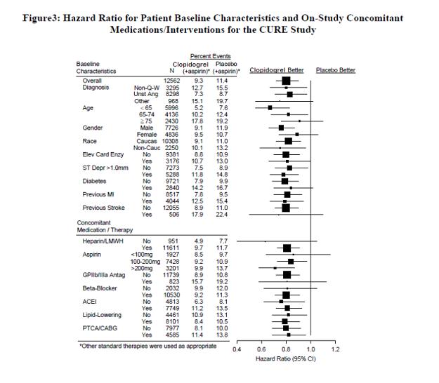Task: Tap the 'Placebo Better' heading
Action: click(336, 70)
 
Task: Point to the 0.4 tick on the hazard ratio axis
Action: click(237, 349)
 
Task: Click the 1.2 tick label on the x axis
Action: click(335, 349)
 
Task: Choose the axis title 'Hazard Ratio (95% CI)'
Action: click(286, 359)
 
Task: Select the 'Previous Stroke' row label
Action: click(103, 208)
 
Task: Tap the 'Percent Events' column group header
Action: click(211, 56)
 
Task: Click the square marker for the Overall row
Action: click(286, 81)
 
